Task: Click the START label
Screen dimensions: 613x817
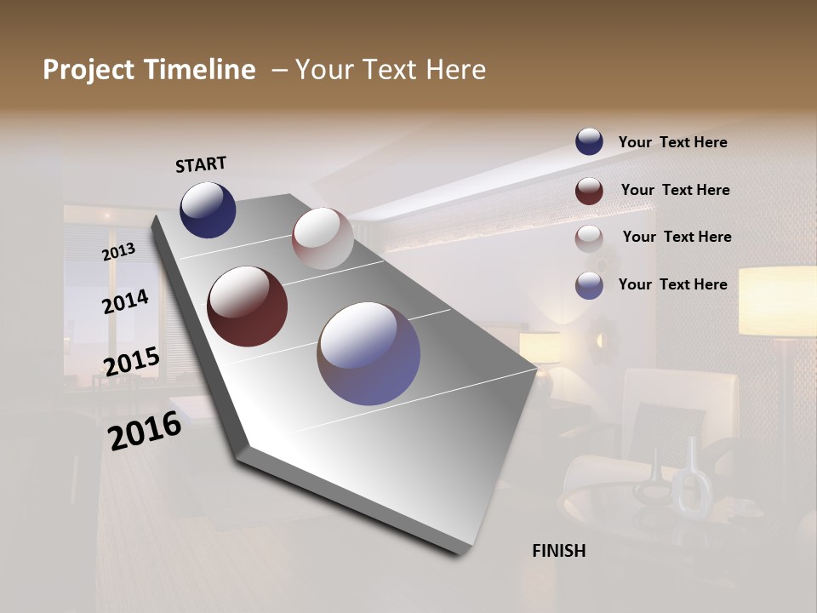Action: click(x=201, y=164)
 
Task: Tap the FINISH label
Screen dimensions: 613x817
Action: click(x=558, y=551)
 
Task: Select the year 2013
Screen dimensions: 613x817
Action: click(x=118, y=251)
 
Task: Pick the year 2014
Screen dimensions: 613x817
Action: click(x=125, y=301)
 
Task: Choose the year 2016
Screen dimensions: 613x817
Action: click(x=145, y=430)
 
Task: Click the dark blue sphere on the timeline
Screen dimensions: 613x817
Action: click(x=208, y=209)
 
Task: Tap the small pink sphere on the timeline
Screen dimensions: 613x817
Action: click(x=323, y=238)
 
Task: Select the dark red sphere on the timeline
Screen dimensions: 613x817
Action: click(x=247, y=306)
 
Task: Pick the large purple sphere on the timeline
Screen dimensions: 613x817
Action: click(x=369, y=353)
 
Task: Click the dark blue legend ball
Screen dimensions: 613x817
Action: click(x=589, y=142)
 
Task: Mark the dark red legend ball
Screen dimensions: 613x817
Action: click(x=589, y=191)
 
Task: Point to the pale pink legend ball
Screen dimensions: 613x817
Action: click(x=589, y=238)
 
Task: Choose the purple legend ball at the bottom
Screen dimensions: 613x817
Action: click(x=589, y=285)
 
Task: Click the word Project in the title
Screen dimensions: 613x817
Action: click(x=88, y=70)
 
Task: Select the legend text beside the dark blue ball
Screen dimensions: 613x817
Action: click(x=672, y=142)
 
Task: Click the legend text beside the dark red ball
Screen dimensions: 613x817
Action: click(x=675, y=190)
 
